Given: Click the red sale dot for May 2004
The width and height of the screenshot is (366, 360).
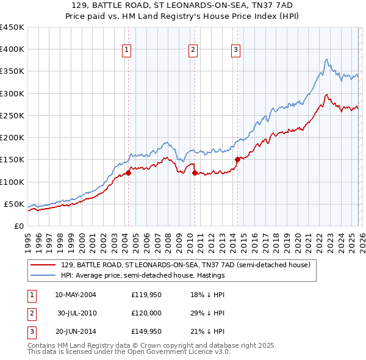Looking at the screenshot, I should [x=129, y=173].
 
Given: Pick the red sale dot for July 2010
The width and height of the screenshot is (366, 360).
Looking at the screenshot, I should [x=195, y=173].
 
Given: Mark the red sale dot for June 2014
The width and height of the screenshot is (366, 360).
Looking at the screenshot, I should [x=237, y=160].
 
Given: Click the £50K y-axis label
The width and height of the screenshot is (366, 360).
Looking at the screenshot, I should [x=13, y=204].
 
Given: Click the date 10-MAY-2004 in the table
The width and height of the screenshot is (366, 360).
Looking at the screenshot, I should [x=75, y=295].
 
